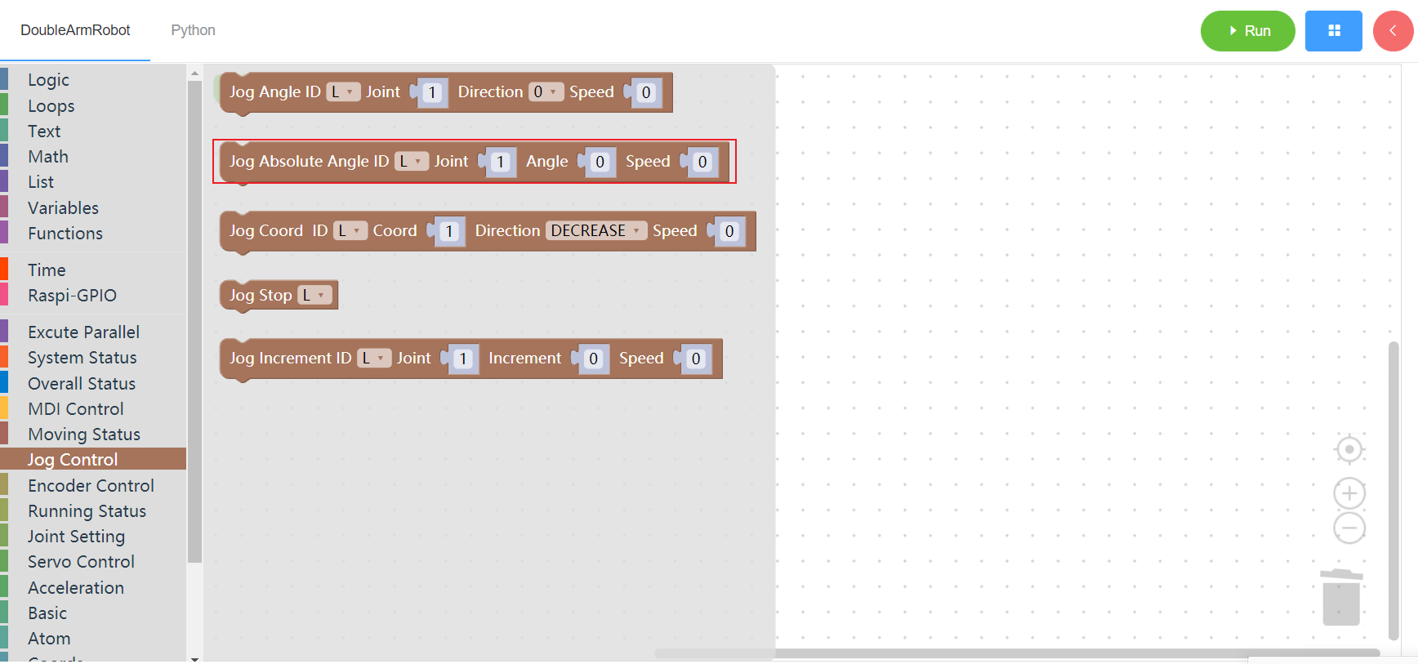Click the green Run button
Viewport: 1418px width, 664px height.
point(1247,31)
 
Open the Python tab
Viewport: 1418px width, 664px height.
point(193,30)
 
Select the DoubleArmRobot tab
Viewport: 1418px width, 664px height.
point(75,30)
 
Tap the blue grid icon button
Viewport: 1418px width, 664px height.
point(1333,31)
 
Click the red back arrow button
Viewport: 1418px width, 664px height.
point(1393,31)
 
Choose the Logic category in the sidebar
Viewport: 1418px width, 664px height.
point(48,80)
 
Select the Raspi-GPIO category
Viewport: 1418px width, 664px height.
point(72,296)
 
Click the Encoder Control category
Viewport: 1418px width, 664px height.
point(91,486)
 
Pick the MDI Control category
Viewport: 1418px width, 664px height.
point(76,409)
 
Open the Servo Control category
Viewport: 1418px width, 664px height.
point(81,562)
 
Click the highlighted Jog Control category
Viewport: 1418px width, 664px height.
point(73,460)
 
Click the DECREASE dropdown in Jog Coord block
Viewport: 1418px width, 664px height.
point(596,231)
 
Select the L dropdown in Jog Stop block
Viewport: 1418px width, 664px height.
point(314,295)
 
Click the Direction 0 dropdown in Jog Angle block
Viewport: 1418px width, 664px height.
point(546,92)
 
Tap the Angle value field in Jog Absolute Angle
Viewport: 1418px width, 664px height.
point(600,162)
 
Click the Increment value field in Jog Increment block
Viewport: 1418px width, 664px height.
point(593,359)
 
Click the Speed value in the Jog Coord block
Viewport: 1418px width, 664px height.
point(729,231)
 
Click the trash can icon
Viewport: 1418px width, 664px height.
point(1341,597)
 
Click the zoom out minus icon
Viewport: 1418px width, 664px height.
point(1349,528)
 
